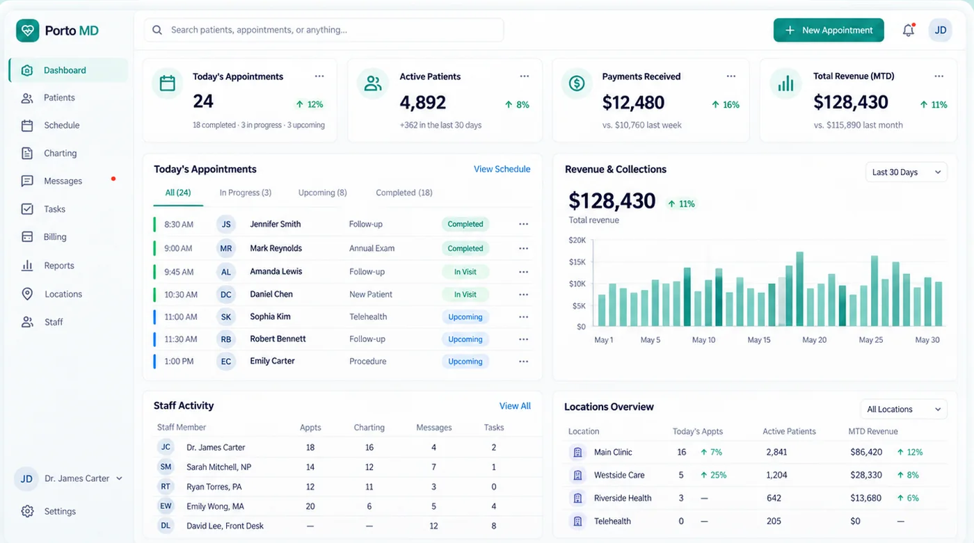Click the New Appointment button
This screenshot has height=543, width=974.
click(x=829, y=30)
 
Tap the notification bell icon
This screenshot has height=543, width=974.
click(x=909, y=30)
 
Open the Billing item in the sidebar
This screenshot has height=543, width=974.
click(x=55, y=237)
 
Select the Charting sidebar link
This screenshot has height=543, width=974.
click(x=60, y=153)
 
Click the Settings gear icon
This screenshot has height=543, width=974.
click(x=27, y=511)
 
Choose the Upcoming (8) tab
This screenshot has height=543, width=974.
click(x=323, y=193)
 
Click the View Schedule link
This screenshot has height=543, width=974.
click(x=502, y=169)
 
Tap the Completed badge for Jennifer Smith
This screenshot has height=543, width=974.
click(x=465, y=224)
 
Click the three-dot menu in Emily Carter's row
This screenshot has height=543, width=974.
click(x=523, y=362)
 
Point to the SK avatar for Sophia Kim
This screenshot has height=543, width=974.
click(x=226, y=316)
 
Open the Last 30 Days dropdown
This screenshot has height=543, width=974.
click(x=906, y=172)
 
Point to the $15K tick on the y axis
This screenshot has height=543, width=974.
click(x=577, y=262)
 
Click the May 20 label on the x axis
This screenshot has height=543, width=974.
click(x=815, y=340)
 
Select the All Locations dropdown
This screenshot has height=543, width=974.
click(x=904, y=410)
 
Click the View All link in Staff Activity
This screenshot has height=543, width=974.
click(x=515, y=406)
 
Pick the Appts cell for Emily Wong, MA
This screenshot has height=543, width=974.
click(x=310, y=506)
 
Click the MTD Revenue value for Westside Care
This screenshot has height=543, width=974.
click(x=866, y=475)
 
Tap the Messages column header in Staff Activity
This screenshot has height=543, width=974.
click(x=434, y=428)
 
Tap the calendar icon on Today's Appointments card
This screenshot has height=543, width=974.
click(x=168, y=83)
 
